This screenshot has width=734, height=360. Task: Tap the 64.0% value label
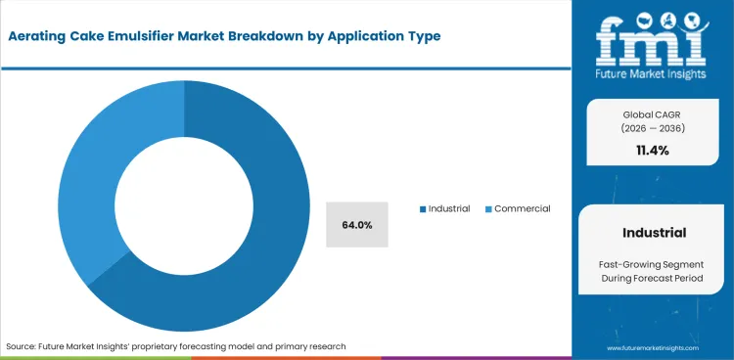coord(357,225)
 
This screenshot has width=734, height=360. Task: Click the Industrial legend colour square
coord(422,208)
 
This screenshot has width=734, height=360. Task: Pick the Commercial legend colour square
coord(488,208)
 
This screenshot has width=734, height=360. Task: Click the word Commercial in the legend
coord(523,208)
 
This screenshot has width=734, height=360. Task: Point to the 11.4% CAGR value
coord(653,150)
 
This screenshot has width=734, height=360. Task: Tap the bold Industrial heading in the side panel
coord(653,233)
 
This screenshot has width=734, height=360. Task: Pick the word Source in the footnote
coord(22,345)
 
